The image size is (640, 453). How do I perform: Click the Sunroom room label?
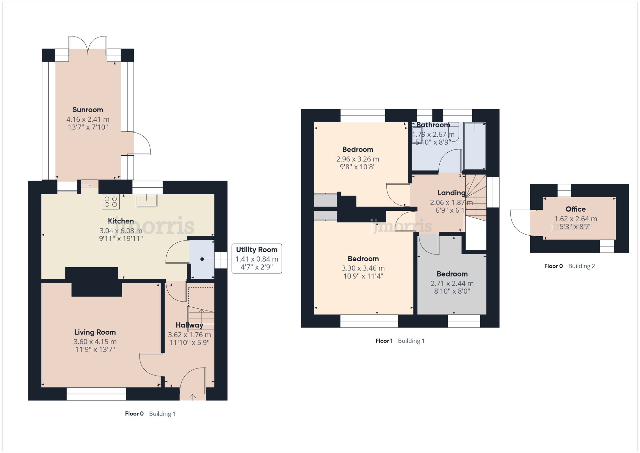88,110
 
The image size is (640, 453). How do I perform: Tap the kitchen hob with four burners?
111,202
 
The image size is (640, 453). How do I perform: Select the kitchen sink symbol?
147,200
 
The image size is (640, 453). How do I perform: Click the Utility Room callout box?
257,258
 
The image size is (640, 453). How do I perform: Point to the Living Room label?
95,332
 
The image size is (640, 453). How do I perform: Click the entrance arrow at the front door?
193,397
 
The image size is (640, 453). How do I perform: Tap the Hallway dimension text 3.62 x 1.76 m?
189,335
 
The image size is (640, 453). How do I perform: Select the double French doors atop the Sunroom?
88,43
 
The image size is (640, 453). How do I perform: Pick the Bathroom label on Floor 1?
433,125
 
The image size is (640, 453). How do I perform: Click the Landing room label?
452,193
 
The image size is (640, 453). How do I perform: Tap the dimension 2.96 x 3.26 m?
357,159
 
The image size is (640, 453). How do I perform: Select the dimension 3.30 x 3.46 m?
363,268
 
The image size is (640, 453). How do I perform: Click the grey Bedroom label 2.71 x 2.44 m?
452,274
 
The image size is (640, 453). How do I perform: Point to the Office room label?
575,209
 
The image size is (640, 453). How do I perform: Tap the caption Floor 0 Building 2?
569,266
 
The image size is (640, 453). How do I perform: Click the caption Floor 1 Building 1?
400,341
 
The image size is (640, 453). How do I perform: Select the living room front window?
96,394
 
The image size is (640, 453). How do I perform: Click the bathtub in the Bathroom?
475,146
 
